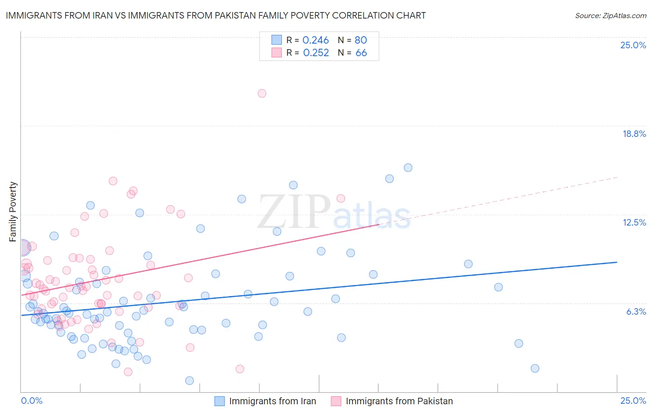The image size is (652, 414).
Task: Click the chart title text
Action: (216, 15)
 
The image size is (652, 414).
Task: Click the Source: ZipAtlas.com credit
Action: (610, 15)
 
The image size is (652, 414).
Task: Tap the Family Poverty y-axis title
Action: (13, 212)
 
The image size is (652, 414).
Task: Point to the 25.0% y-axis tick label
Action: (633, 45)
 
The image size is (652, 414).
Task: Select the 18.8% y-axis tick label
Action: (634, 134)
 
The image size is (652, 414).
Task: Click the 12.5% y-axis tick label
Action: (634, 222)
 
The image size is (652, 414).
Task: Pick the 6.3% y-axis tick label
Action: (636, 311)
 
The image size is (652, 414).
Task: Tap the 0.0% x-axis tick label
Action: (32, 401)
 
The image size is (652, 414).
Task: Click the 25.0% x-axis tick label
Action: (633, 401)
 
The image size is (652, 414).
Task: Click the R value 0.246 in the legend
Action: (315, 40)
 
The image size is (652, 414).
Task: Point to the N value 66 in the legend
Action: (361, 53)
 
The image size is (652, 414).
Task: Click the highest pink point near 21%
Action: (262, 93)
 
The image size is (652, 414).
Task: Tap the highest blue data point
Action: (408, 168)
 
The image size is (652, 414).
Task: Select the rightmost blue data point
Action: (535, 369)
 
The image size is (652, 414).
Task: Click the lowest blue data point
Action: (190, 381)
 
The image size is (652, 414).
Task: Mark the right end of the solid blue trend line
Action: (617, 262)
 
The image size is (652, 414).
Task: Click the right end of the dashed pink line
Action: (617, 177)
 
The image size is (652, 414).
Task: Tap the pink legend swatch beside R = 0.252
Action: (277, 52)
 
